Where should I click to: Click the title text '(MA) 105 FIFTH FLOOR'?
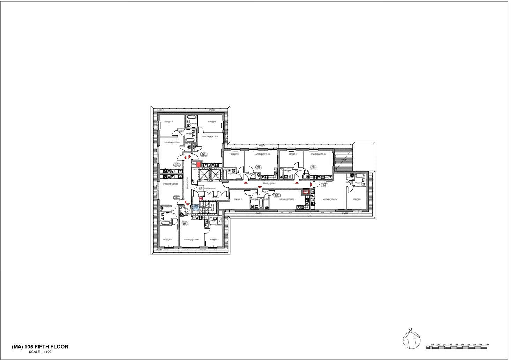(x=40, y=347)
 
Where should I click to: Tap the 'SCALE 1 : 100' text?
(x=40, y=352)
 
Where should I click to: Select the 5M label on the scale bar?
(x=456, y=345)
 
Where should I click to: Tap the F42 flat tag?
(x=177, y=165)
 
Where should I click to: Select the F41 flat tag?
(x=177, y=197)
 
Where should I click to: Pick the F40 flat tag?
(x=185, y=223)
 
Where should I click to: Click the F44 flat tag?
(x=259, y=167)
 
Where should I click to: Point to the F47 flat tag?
(x=277, y=195)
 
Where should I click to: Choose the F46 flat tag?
(x=324, y=185)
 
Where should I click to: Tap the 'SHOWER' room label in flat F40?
(x=213, y=220)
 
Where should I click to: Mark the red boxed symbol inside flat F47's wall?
(x=306, y=191)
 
